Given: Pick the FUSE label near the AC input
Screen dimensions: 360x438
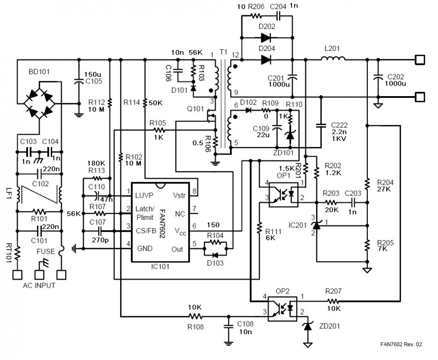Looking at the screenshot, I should pyautogui.click(x=46, y=252).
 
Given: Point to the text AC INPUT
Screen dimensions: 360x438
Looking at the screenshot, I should pyautogui.click(x=39, y=285).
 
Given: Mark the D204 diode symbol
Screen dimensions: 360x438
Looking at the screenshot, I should pyautogui.click(x=267, y=59).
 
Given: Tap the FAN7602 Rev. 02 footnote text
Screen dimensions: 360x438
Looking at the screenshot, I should pyautogui.click(x=401, y=345).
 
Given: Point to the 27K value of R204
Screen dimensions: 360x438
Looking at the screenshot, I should pyautogui.click(x=384, y=189).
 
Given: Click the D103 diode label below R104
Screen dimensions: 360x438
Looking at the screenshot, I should pyautogui.click(x=214, y=263).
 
